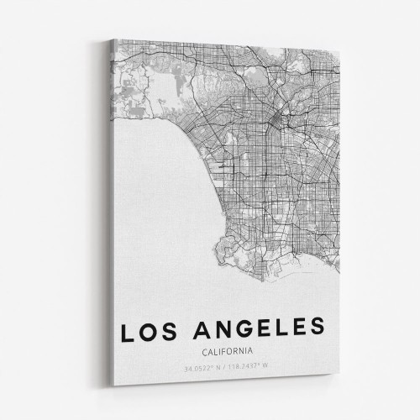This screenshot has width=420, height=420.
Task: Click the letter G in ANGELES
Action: pyautogui.click(x=242, y=328)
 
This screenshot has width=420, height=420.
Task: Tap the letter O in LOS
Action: pyautogui.click(x=150, y=328)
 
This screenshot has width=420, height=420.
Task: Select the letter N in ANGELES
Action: pyautogui.click(x=219, y=328)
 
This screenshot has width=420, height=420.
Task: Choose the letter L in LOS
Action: pyautogui.click(x=128, y=328)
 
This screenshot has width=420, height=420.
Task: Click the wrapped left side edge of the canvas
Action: pyautogui.click(x=109, y=210)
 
